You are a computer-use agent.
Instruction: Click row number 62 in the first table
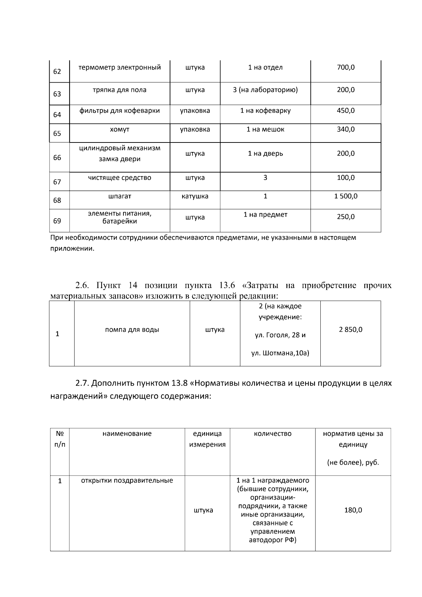pos(57,72)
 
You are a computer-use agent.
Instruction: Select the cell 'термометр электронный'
pos(120,68)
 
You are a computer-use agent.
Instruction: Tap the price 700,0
pos(346,68)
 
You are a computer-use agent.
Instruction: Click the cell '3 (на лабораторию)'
pos(265,90)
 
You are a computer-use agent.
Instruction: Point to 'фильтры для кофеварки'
pos(120,111)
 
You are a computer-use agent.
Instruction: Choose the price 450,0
pos(346,111)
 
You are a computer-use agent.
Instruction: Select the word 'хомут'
pos(120,129)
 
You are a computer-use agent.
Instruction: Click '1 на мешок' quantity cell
pos(265,129)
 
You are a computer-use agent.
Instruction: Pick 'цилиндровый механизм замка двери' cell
pos(120,153)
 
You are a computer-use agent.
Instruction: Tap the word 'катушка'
pos(195,196)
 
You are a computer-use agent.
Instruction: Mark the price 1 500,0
pos(346,196)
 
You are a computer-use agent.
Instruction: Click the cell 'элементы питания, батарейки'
pos(120,217)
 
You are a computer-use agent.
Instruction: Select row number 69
pos(57,221)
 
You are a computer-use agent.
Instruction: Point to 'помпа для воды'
pos(132,330)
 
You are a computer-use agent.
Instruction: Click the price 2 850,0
pos(351,330)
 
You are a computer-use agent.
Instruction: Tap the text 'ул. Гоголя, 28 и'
pos(280,335)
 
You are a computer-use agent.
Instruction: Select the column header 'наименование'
pos(127,434)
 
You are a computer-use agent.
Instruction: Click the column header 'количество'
pos(273,434)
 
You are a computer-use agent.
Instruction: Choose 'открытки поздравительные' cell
pos(127,481)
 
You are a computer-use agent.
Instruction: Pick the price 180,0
pos(353,510)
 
